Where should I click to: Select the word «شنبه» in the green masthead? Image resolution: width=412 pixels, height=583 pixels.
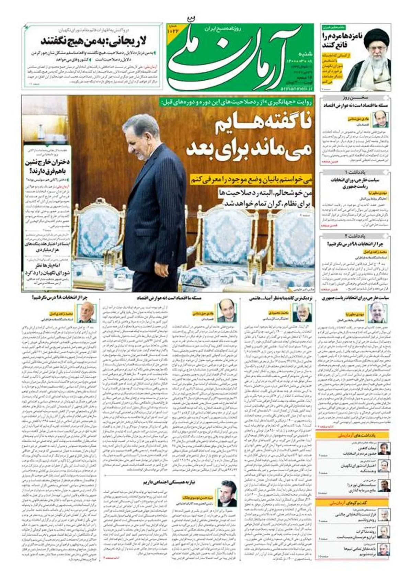[x=306, y=54]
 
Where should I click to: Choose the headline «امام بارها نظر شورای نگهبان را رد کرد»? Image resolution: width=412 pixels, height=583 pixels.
[x=47, y=269]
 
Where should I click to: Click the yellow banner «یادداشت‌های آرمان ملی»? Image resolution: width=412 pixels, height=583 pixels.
[x=353, y=435]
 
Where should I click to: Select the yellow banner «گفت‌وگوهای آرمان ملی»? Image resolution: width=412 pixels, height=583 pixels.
[x=353, y=503]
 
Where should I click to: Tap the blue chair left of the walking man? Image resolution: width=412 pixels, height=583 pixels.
[x=100, y=237]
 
